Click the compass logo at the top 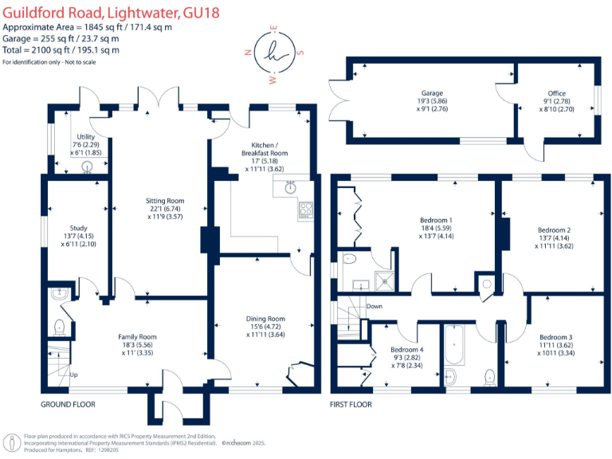[273, 55]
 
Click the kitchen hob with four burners [305, 210]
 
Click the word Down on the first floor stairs [374, 306]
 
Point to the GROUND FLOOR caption [68, 405]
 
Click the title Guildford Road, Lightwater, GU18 [111, 14]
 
